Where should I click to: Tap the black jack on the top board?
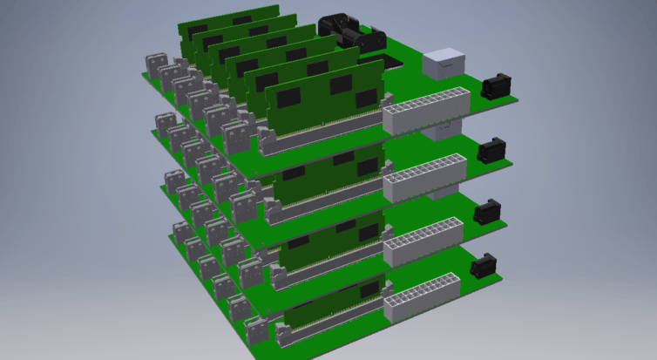tap(495, 86)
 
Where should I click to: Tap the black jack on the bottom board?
tap(485, 266)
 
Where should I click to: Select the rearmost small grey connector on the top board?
tap(154, 63)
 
